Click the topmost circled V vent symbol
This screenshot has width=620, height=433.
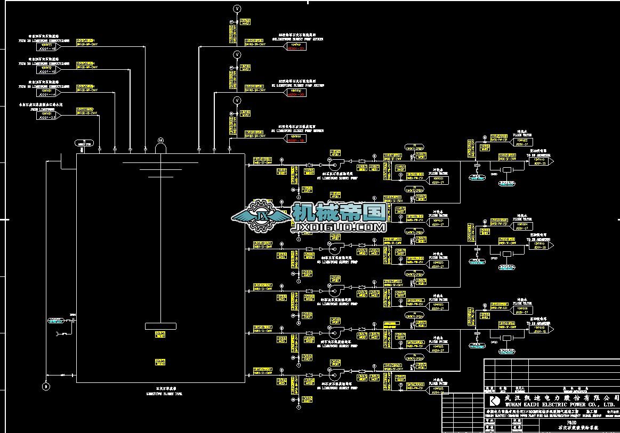pos(238,9)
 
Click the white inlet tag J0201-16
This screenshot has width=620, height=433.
pos(47,48)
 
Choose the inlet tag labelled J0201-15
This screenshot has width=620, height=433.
pos(47,71)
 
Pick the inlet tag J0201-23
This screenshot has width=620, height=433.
pos(47,117)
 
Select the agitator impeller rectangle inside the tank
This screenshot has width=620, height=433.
pos(160,325)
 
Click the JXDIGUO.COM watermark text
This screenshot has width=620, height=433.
pos(337,228)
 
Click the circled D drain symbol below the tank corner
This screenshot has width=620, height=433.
pos(46,386)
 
